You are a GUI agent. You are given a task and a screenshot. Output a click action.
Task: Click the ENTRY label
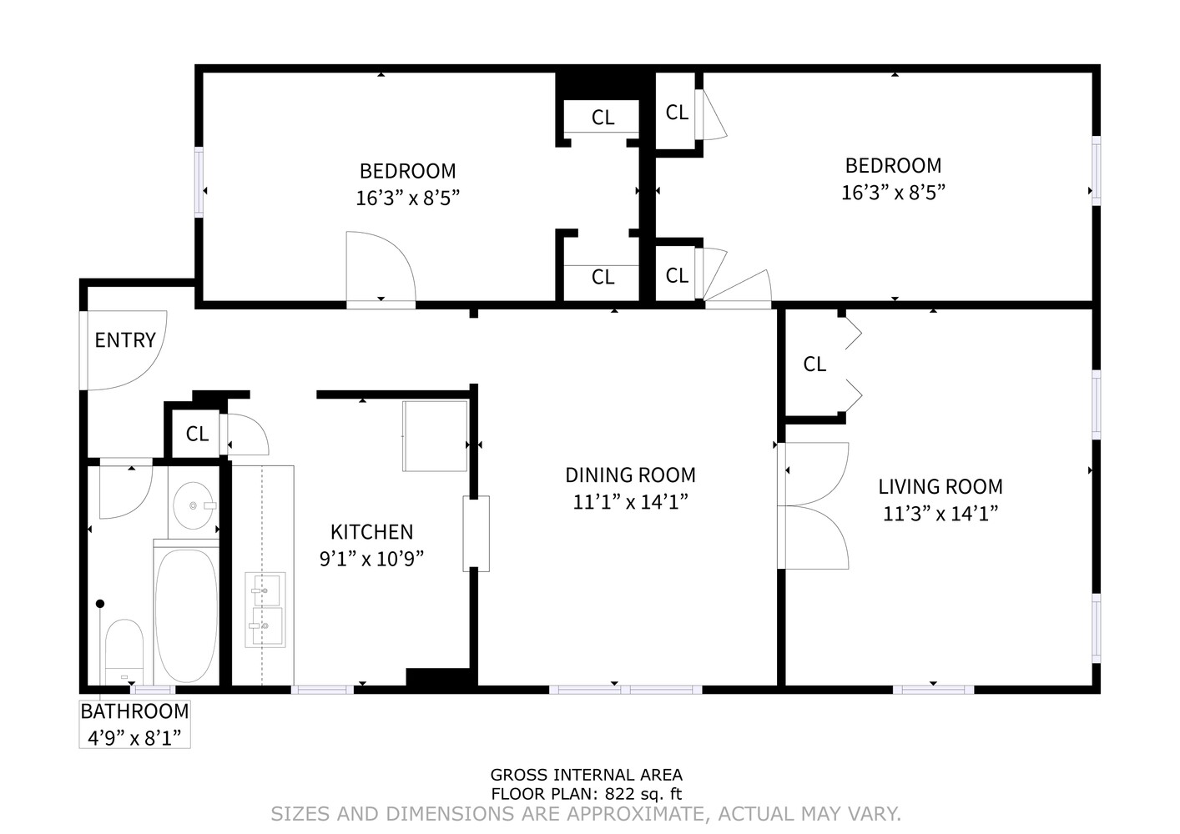[x=125, y=340]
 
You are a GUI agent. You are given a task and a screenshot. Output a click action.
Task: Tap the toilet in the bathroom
[x=124, y=652]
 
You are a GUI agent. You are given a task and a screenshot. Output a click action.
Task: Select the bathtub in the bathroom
[x=186, y=615]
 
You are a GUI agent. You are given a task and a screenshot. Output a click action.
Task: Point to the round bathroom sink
[x=194, y=505]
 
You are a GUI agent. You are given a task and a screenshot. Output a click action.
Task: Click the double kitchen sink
[x=265, y=610]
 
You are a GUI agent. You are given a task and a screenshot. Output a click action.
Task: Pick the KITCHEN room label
[x=372, y=532]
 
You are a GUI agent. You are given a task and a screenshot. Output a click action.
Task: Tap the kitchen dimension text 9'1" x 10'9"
[x=372, y=559]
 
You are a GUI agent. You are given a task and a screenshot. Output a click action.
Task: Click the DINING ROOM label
[x=631, y=475]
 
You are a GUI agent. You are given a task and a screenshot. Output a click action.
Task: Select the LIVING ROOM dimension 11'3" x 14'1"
[x=940, y=514]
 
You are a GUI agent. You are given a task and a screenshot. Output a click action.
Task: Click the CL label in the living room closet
[x=815, y=364]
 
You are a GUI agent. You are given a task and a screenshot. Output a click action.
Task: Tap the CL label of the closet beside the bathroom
[x=198, y=435]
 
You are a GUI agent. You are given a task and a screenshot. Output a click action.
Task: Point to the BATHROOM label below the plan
[x=135, y=712]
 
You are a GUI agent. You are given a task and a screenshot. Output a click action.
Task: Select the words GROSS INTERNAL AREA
[x=587, y=775]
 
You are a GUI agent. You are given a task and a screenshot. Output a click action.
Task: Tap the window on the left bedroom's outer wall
[x=199, y=182]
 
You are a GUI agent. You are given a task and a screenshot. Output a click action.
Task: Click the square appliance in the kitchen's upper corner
[x=435, y=436]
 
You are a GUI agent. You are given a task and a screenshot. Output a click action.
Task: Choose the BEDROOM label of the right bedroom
[x=894, y=166]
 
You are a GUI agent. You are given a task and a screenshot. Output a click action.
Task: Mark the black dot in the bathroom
[x=100, y=604]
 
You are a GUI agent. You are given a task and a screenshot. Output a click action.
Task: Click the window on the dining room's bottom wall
[x=626, y=690]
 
